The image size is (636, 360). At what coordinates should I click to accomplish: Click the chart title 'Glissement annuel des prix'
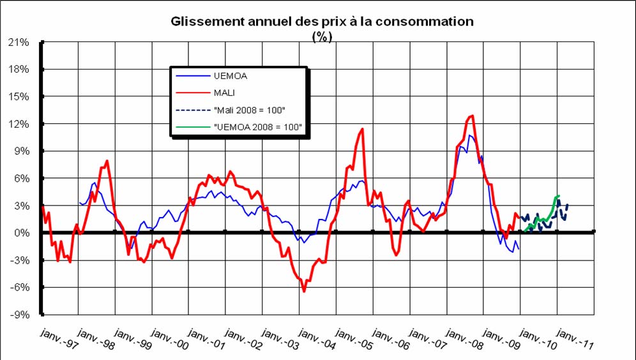322,21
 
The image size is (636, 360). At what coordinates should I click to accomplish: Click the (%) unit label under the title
322,36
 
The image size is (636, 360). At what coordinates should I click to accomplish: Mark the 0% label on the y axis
21,233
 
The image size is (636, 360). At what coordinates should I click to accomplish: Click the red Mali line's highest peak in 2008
472,116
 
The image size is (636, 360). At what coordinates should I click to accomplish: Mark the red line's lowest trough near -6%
304,291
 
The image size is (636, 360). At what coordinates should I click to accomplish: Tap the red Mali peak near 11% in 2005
363,129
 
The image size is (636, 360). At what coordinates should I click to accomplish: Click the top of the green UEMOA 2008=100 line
558,195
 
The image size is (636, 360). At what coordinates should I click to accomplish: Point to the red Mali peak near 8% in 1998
107,160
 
